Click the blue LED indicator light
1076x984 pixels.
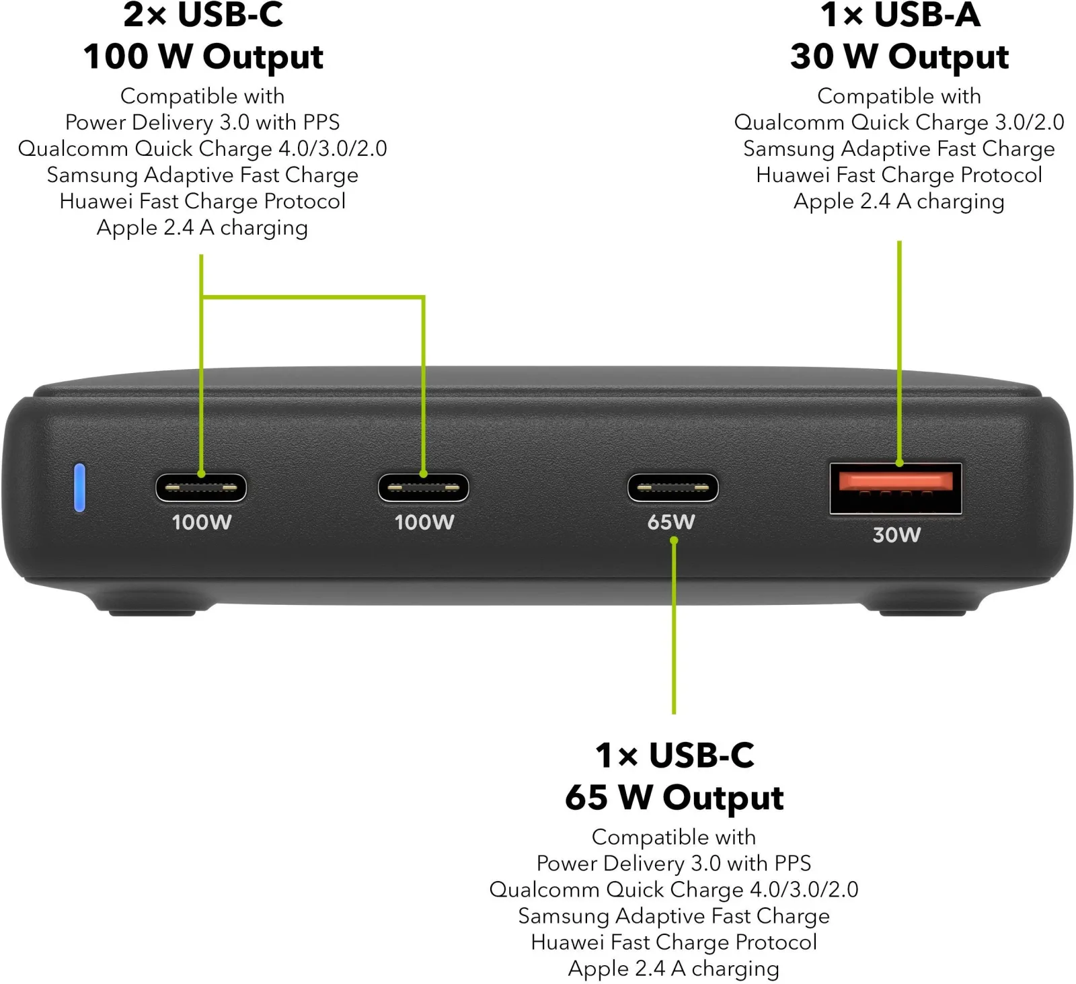point(79,487)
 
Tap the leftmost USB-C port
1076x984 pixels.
point(201,488)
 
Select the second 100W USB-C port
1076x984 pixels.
point(424,488)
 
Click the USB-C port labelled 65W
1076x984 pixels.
point(673,488)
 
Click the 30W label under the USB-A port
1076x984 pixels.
point(896,535)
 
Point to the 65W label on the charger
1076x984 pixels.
point(671,522)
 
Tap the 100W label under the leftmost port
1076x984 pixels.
point(202,522)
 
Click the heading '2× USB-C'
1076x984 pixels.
point(203,15)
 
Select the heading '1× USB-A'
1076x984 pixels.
point(900,15)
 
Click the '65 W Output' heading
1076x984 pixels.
point(675,798)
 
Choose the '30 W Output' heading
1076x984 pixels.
point(900,56)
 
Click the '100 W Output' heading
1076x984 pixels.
point(203,56)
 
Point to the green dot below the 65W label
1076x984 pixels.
point(674,540)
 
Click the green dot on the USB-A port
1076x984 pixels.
point(900,462)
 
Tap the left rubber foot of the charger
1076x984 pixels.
point(152,611)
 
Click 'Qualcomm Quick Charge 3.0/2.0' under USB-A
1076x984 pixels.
point(899,122)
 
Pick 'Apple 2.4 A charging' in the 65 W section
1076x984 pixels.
point(674,969)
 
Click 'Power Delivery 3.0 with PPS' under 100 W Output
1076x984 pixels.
point(202,122)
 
